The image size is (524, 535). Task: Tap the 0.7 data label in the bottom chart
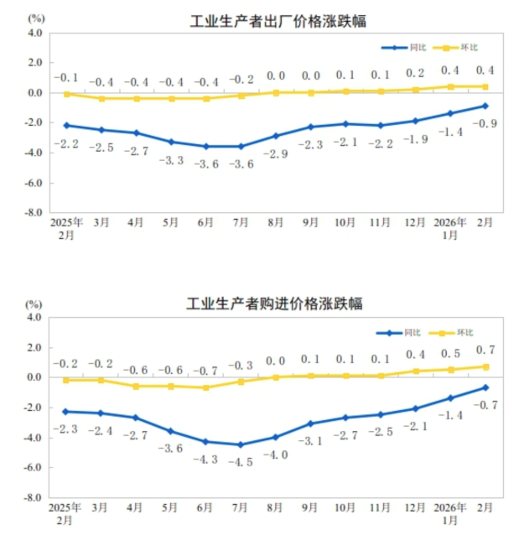(x=485, y=350)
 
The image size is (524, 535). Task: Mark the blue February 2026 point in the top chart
(x=485, y=106)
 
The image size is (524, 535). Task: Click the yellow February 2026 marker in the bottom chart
(x=485, y=366)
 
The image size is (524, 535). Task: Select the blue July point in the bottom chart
(x=241, y=444)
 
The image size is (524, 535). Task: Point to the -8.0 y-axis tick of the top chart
(x=34, y=213)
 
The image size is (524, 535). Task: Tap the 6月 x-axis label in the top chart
(x=205, y=223)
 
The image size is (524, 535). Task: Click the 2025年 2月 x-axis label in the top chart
(x=66, y=229)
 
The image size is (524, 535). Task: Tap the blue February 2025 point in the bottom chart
(x=66, y=411)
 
